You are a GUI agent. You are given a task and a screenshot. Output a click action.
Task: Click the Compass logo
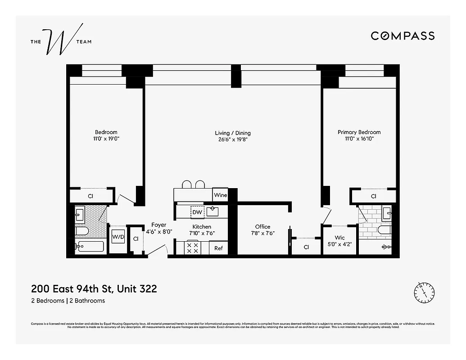403,36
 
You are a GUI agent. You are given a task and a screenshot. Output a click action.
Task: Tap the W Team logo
61,42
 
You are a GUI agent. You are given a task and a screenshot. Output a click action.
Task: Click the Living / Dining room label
232,133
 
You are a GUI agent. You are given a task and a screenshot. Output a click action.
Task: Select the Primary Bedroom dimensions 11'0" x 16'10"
359,139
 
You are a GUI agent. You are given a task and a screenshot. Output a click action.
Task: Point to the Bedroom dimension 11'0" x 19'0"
106,139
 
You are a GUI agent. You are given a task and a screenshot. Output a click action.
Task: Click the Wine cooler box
220,195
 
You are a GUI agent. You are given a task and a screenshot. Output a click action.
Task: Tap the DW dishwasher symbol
197,211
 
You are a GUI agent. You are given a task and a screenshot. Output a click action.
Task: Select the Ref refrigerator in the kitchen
218,248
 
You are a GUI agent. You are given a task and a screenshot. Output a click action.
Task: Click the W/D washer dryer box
118,237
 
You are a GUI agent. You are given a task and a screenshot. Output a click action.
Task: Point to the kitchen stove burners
193,248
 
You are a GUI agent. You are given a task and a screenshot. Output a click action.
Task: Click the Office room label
262,226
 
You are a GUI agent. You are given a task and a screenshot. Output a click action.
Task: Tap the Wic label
339,238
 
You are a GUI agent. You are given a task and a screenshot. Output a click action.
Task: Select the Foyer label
158,225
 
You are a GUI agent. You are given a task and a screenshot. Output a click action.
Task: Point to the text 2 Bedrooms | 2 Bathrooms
68,301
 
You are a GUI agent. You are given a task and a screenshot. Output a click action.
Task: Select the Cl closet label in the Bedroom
90,196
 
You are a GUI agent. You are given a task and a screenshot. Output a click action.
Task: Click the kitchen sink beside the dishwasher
213,211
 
